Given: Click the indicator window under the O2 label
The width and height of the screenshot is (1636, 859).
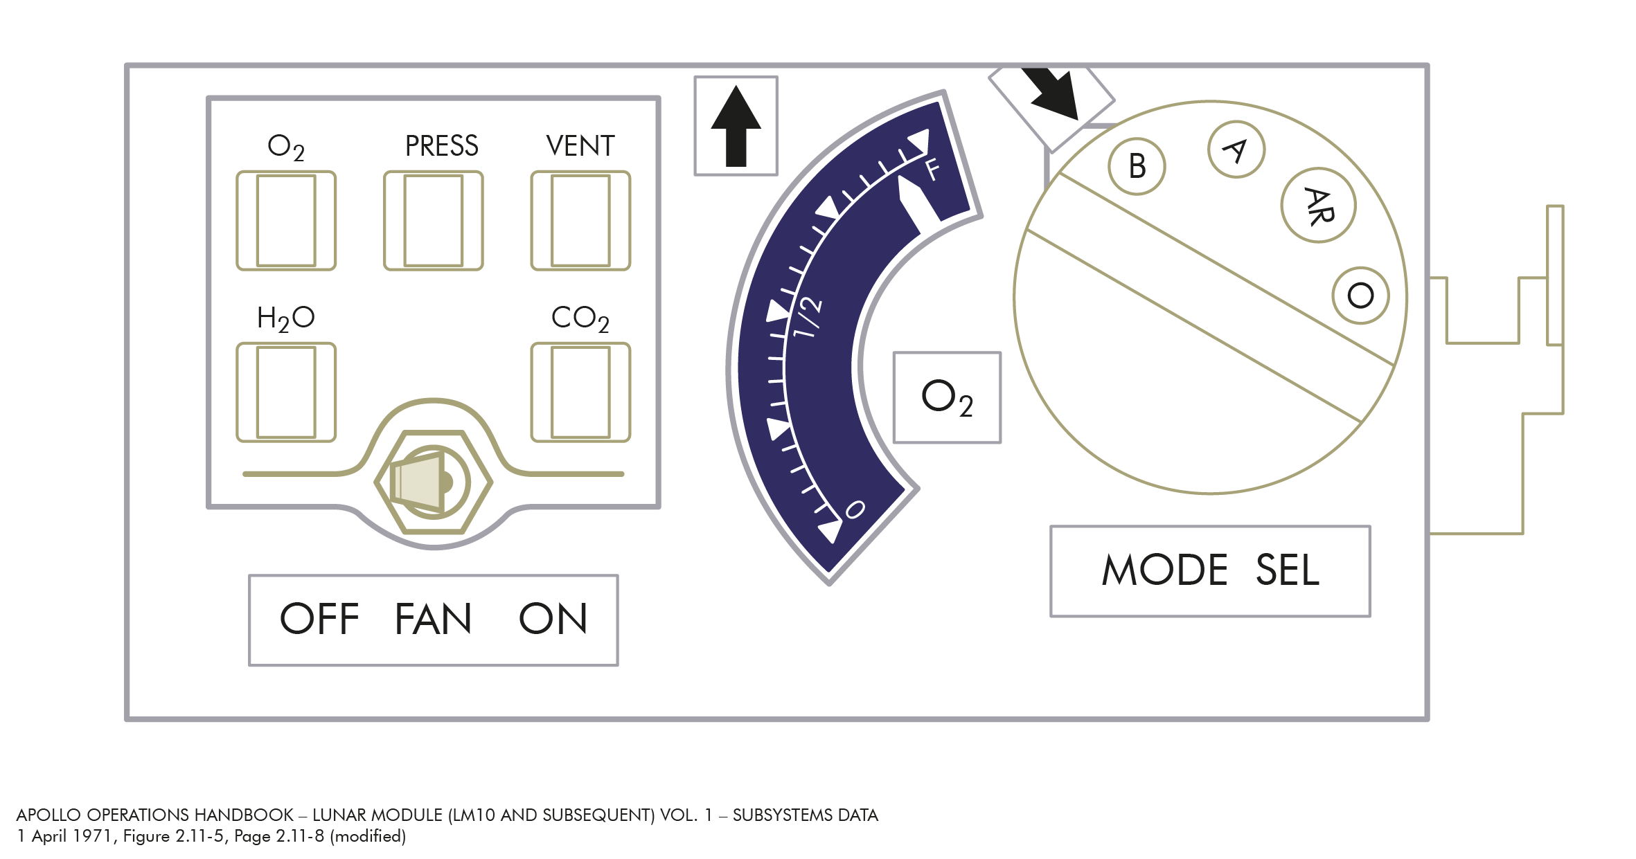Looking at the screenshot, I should [286, 221].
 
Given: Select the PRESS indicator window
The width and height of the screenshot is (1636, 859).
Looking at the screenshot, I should [434, 221].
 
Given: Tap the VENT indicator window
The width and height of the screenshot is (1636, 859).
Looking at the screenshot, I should [580, 221].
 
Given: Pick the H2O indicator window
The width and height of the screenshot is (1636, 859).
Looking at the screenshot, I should [286, 392].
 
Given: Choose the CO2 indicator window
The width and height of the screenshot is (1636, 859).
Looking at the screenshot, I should [580, 392].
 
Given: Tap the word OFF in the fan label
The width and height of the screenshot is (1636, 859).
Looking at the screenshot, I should [319, 619].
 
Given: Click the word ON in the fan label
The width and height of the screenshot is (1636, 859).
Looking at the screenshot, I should [553, 619].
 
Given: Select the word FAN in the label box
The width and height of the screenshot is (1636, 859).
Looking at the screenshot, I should [434, 619].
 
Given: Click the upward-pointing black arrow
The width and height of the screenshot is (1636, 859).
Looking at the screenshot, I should [736, 126].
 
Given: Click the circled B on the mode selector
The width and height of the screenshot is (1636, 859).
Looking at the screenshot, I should [1137, 166].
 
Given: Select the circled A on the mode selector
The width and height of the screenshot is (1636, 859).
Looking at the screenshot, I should [1236, 150].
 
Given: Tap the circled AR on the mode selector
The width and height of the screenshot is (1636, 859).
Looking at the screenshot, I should [1318, 206].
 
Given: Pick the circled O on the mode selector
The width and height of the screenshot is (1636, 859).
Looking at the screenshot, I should [1360, 296].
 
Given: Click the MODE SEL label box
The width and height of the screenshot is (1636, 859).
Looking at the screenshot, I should [1210, 571].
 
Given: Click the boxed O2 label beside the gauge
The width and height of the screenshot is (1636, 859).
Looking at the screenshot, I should [947, 397].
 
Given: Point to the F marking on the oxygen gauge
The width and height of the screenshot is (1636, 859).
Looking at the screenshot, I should [932, 169].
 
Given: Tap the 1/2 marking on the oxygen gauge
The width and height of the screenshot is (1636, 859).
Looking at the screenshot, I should [808, 317].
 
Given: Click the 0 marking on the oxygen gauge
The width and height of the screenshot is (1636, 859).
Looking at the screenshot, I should [855, 509].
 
